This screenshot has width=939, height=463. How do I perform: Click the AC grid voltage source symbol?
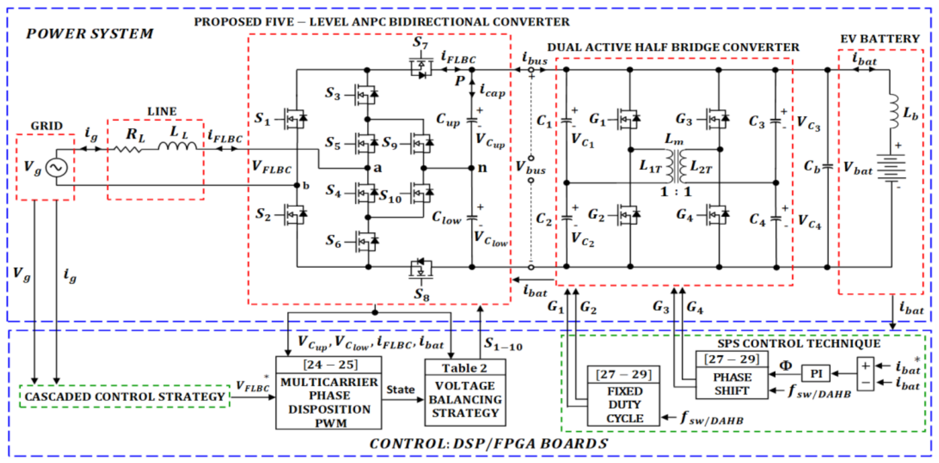tap(57, 168)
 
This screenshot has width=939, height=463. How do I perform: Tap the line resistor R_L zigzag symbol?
tap(128, 149)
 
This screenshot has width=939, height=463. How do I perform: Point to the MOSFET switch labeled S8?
tap(421, 269)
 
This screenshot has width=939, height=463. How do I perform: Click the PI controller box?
tap(816, 374)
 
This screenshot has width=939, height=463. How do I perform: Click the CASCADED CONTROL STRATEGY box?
tap(125, 396)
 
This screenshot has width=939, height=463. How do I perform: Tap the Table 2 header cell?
tap(465, 368)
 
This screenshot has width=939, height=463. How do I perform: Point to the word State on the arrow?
tap(400, 389)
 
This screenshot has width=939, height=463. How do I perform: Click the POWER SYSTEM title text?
tap(89, 34)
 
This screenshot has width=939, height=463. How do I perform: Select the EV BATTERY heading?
tap(880, 39)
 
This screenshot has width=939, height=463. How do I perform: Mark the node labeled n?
tap(473, 168)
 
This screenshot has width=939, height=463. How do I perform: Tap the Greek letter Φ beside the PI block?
tap(785, 365)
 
